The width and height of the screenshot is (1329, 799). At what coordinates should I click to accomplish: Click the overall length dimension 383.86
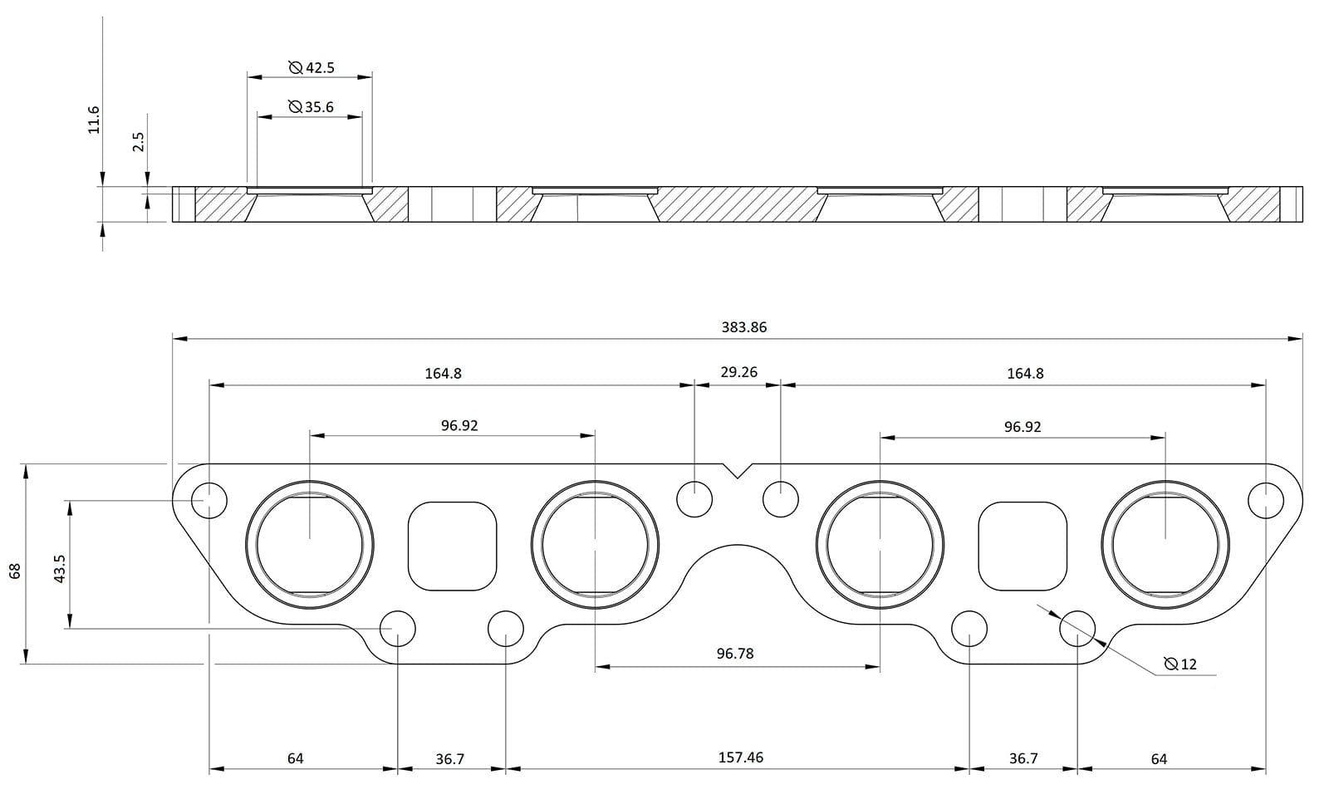point(743,327)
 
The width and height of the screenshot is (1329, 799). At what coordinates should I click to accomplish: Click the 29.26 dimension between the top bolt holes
point(738,372)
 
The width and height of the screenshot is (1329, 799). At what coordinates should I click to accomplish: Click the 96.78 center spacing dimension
point(735,654)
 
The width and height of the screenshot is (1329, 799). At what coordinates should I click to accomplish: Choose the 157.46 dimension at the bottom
point(740,757)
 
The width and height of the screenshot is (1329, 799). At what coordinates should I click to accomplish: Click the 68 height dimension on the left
point(14,571)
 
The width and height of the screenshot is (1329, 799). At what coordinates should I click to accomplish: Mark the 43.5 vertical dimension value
point(59,569)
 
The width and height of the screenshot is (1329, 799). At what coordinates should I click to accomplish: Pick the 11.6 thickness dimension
point(94,120)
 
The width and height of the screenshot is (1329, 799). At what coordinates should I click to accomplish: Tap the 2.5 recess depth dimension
point(139,142)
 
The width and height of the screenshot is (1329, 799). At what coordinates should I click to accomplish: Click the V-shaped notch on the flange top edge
point(737,471)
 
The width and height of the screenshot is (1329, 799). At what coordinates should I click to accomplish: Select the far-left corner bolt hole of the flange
point(209,500)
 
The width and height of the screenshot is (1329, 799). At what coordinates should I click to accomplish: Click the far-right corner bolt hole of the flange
point(1266,500)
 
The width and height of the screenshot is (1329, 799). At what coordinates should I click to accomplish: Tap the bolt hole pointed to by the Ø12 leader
point(1077,629)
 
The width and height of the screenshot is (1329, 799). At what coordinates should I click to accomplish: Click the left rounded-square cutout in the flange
point(453,546)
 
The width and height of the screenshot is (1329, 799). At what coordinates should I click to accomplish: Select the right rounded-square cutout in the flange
point(1022,546)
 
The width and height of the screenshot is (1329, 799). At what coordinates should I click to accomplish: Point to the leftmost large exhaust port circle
point(310,544)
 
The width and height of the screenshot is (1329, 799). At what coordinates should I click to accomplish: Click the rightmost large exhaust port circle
point(1165,544)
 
